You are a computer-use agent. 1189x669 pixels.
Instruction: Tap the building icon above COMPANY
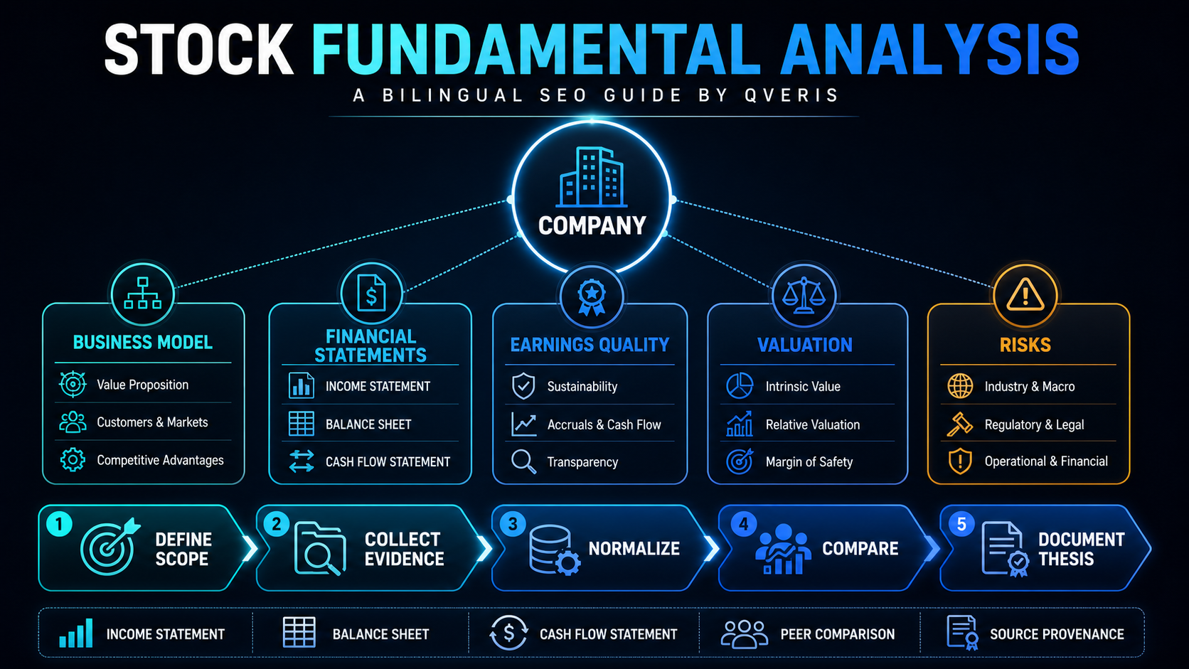592,176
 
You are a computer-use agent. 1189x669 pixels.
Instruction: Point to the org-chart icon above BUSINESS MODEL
142,293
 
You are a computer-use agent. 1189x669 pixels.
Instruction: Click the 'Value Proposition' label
142,385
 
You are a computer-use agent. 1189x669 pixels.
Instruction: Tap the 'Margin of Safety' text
809,462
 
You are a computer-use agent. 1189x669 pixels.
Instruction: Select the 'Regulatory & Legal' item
1034,424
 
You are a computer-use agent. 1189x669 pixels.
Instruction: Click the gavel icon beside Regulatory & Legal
960,424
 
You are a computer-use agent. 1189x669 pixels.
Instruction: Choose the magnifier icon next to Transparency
523,461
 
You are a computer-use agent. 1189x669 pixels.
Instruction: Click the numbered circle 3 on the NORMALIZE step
513,524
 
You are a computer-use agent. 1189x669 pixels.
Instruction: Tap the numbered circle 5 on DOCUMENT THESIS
961,524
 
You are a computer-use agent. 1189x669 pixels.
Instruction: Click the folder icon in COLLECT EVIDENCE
319,549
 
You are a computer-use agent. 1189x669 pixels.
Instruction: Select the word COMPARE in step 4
860,549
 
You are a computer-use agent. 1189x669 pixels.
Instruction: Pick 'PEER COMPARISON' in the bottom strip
837,634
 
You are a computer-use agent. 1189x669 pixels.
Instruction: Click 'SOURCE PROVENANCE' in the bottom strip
1057,634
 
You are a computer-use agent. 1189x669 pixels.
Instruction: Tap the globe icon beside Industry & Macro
960,386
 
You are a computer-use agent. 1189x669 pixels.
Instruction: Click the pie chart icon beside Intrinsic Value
739,386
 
